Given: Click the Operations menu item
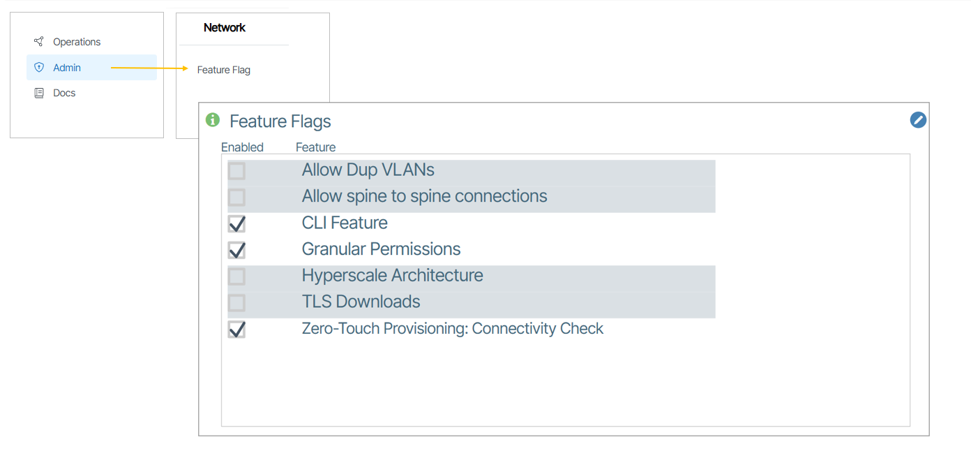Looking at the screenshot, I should coord(77,42).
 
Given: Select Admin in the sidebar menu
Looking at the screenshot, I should coord(67,68).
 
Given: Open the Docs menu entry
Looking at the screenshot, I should coord(64,93).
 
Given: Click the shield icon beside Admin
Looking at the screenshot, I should coord(39,68).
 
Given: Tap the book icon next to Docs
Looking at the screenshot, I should coord(39,93).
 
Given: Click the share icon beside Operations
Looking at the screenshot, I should coord(39,42).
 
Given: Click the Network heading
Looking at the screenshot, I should coord(225,28).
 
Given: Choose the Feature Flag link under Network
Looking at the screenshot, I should coord(223,70).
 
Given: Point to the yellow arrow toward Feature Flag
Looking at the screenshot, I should coord(149,68).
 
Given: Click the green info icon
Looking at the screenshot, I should coord(213,120).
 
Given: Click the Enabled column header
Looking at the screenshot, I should coord(242,147).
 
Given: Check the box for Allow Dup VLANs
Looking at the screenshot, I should coord(236,171).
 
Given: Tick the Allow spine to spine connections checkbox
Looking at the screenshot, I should coord(236,197).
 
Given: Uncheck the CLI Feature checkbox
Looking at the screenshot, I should coord(236,223).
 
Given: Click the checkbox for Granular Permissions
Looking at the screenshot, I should coord(236,250).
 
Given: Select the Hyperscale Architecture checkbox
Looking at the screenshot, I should coord(236,276).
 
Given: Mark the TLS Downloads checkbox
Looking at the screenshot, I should coord(236,302).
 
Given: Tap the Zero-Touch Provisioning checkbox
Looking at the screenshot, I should coord(236,330).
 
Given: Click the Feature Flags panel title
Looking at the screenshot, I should coord(280,121).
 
